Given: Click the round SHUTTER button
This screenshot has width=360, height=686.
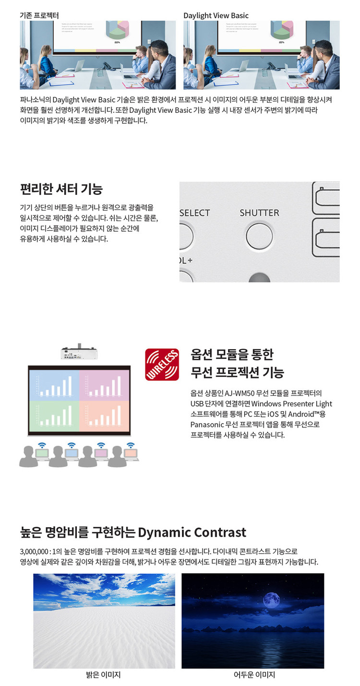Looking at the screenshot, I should [x=259, y=236].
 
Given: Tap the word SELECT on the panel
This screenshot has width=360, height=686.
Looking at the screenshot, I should [x=195, y=213].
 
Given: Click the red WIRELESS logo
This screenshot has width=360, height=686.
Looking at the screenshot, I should [x=162, y=365].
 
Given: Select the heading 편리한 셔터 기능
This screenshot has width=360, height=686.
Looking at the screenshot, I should [x=61, y=189].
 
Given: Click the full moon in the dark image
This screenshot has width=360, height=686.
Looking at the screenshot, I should [x=271, y=600].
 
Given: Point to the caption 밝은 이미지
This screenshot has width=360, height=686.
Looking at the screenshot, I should [x=103, y=675].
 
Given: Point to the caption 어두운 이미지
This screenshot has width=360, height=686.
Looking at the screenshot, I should [x=254, y=675].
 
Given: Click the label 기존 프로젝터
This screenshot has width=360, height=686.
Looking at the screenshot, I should [x=40, y=15].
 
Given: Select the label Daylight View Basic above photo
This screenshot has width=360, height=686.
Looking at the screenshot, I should [x=216, y=15].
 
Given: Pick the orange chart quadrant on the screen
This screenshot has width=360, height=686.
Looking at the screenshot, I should [x=104, y=415].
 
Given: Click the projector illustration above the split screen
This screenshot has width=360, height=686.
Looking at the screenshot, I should [x=80, y=353].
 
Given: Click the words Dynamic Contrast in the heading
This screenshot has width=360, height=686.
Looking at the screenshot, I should [x=192, y=532].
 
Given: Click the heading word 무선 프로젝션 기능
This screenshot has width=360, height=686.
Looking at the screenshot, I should [x=237, y=372].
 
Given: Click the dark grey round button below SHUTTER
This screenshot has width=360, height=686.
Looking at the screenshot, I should [x=260, y=277].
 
